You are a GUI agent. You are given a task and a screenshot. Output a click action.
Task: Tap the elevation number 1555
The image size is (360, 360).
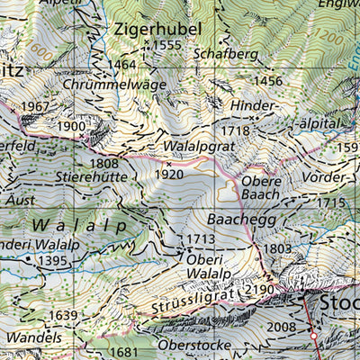click(x=167, y=46)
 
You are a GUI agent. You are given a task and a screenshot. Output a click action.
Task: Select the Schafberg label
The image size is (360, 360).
click(x=225, y=54)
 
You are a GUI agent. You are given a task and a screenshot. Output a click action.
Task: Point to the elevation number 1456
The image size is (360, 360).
click(x=268, y=81)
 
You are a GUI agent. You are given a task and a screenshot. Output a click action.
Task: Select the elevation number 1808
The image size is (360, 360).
click(x=103, y=164)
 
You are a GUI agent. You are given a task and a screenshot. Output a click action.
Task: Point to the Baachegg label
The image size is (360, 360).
click(x=238, y=219)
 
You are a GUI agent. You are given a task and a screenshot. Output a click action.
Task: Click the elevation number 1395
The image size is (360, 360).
click(x=53, y=260)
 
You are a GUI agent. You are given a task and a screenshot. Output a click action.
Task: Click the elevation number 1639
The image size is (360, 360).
click(x=63, y=315)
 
